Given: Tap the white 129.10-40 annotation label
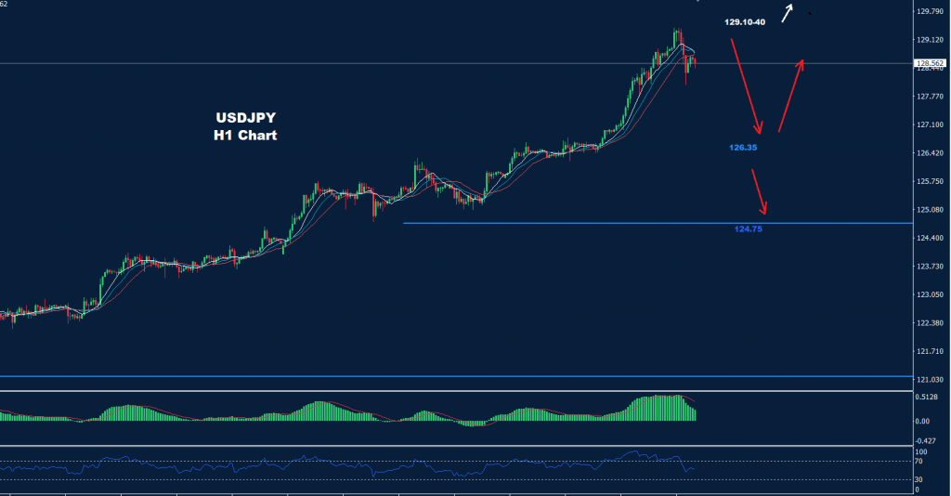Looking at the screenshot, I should [744, 20].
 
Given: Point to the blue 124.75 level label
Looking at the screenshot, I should [748, 228].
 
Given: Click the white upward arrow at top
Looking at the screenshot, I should [788, 12].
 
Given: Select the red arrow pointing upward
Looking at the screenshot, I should [790, 95].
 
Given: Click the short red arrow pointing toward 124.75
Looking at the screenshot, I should [761, 190].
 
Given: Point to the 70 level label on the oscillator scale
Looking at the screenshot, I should [918, 461].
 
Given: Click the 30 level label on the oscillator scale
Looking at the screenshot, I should [918, 479].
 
